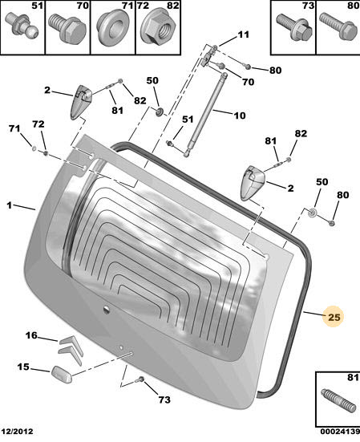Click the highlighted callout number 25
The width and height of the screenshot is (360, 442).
334,318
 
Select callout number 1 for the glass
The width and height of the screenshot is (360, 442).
10,206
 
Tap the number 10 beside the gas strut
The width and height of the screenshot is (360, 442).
239,116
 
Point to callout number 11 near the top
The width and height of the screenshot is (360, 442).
243,34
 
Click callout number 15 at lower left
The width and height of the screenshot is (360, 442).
23,368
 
